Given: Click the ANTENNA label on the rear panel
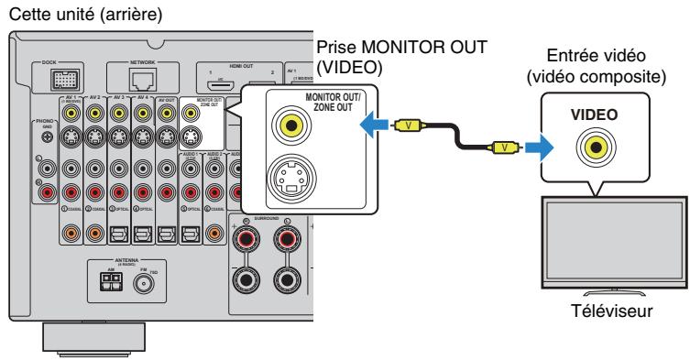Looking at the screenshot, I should (123, 261).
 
